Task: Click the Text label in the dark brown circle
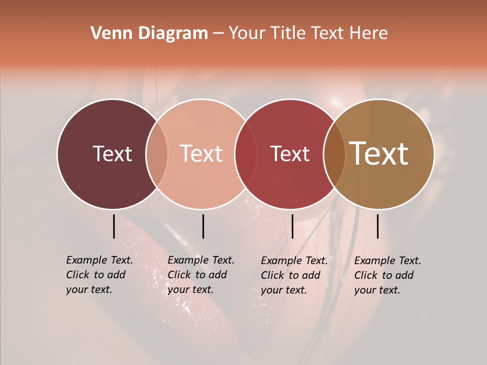[112, 154]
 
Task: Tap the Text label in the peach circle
[201, 154]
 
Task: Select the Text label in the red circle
[290, 154]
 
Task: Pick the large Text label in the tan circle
[379, 154]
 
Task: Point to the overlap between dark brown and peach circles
[157, 154]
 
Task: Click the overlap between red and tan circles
[334, 154]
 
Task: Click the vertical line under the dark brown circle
[114, 226]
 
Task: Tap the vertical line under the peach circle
[203, 226]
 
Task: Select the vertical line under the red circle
[292, 226]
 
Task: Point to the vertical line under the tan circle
[378, 226]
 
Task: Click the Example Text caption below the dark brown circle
[99, 275]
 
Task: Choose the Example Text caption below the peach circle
[201, 275]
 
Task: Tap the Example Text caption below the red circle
[294, 275]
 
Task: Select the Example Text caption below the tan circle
[388, 275]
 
